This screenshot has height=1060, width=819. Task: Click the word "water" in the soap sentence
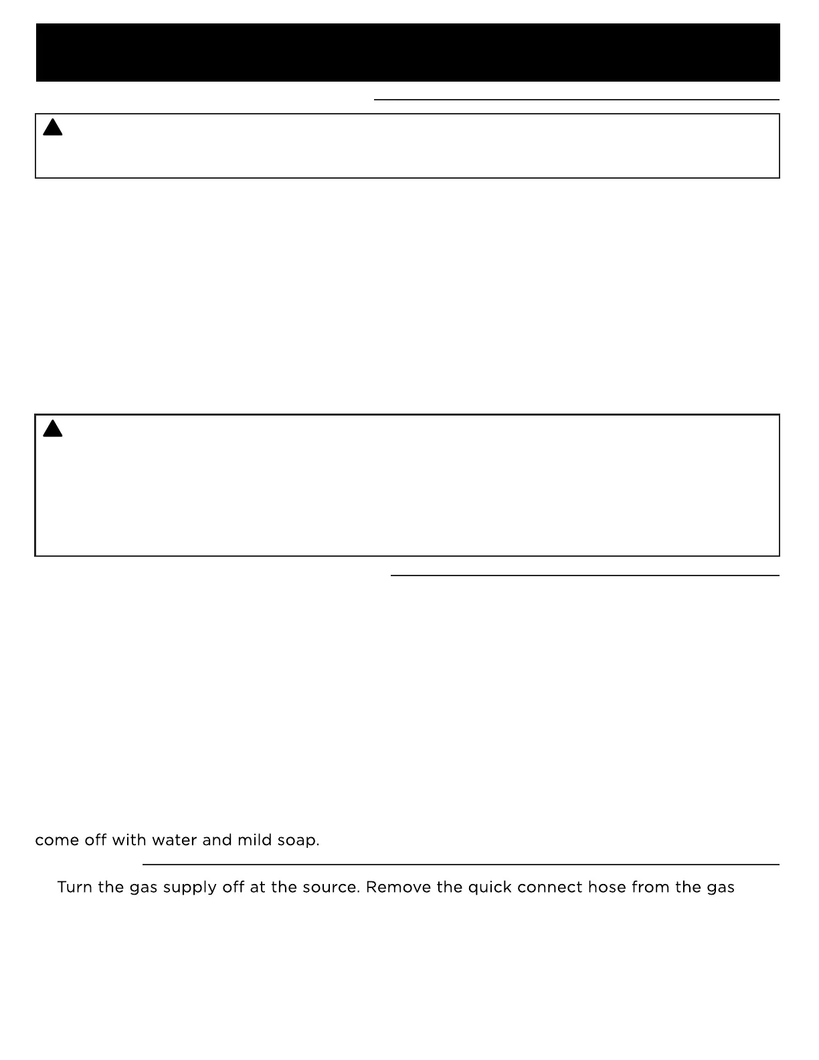pos(175,840)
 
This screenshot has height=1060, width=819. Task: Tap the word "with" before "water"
pos(129,840)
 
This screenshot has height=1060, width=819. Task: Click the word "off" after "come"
pos(96,840)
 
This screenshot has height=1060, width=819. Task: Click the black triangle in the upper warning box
pos(53,127)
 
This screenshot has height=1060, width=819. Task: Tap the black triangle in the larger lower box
pos(53,428)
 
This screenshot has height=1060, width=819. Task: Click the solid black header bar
pos(407,52)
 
